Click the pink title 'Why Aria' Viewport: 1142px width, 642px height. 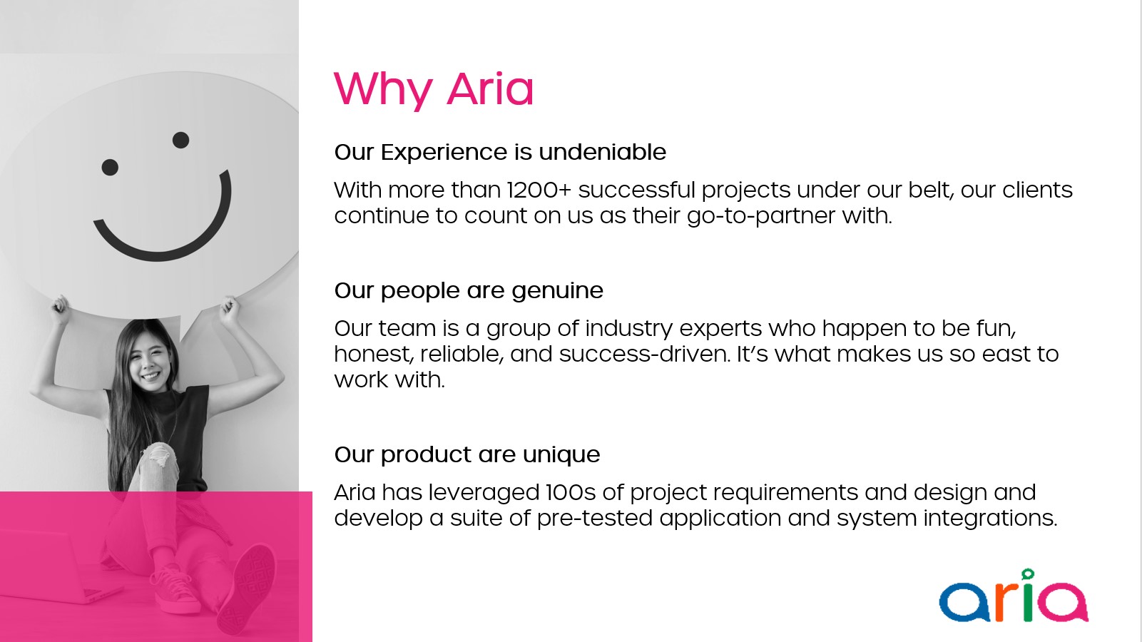click(x=434, y=90)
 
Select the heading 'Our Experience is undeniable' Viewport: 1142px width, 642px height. click(x=500, y=152)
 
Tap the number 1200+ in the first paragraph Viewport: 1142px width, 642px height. click(x=539, y=190)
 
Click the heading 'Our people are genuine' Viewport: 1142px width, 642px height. click(x=469, y=291)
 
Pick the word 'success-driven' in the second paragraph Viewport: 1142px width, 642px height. click(x=644, y=353)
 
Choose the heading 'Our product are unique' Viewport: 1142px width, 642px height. click(x=467, y=455)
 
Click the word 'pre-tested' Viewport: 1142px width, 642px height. click(x=594, y=518)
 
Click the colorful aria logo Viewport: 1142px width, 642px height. click(x=1014, y=596)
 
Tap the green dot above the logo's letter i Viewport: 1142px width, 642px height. click(x=1028, y=574)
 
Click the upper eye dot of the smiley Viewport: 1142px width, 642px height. click(x=180, y=140)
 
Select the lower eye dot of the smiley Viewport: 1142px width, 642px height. click(x=110, y=167)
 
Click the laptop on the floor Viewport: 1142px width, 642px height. click(x=56, y=566)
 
